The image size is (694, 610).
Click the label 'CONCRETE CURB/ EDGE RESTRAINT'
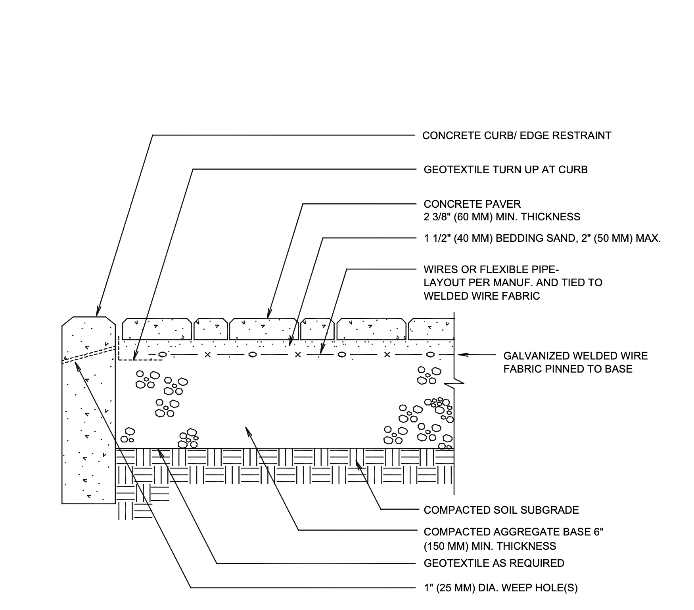(517, 136)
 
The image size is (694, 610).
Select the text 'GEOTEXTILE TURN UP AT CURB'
(506, 170)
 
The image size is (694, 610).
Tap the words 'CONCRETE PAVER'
(472, 204)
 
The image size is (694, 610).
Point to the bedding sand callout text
(542, 238)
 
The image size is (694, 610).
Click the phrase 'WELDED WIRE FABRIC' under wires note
(482, 296)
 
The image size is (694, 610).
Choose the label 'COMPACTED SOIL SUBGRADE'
(501, 510)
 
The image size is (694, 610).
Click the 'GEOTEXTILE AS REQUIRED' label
(494, 563)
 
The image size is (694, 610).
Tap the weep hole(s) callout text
(500, 588)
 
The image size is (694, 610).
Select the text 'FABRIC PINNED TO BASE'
(568, 369)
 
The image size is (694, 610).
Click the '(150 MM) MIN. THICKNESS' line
(490, 546)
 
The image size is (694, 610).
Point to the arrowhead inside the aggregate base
(248, 432)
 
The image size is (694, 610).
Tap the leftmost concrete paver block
(157, 329)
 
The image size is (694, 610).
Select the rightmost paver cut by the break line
(431, 329)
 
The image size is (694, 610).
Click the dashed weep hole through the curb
(89, 355)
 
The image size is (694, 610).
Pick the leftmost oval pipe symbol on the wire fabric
(162, 354)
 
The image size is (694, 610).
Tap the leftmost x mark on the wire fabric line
(207, 354)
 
